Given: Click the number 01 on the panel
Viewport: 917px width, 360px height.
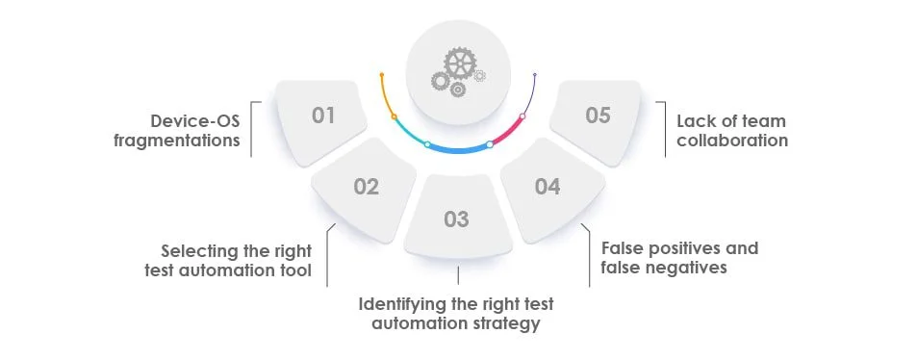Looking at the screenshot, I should pos(323,116).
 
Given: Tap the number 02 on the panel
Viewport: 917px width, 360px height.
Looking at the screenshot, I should pos(366,187).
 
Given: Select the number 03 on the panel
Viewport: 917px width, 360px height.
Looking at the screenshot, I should pos(456,219).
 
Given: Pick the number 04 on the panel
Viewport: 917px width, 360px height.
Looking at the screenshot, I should pos(547,187).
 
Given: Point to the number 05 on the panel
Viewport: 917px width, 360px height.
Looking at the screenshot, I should pos(598,116).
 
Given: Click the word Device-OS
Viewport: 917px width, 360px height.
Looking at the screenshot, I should pos(195,121).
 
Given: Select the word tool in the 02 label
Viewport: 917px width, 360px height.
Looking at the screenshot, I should pos(294,270).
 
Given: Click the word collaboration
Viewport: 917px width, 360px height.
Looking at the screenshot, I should pos(732,141).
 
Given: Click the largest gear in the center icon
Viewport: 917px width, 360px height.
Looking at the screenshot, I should pos(460,64).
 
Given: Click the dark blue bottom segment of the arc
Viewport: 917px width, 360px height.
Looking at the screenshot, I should pos(458,150).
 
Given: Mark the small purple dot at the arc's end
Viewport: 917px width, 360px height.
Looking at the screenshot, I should pos(535,74).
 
